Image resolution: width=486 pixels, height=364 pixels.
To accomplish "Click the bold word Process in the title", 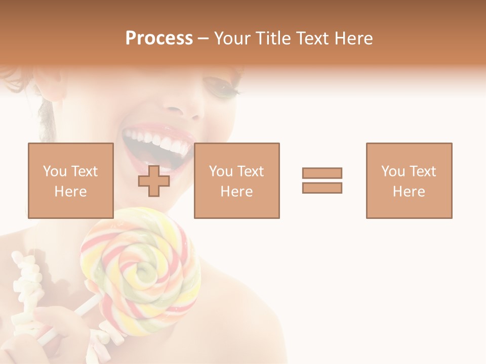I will [159, 38].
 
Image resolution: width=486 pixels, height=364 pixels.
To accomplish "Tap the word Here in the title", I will [353, 38].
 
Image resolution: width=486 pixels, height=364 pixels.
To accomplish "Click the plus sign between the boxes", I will [154, 181].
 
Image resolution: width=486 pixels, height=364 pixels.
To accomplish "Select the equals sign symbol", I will [322, 180].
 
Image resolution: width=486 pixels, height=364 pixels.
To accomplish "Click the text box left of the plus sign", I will [71, 180].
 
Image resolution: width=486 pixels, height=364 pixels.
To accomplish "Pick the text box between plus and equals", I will [236, 180].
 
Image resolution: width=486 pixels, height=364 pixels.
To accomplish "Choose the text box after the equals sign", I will [409, 180].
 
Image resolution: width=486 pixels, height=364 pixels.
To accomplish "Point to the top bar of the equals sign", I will [322, 173].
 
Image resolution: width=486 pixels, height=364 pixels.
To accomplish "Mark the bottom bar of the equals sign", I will [322, 188].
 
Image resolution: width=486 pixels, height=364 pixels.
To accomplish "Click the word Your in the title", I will [231, 38].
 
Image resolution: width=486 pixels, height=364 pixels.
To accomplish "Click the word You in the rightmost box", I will [392, 171].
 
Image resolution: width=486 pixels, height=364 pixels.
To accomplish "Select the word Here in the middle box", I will [236, 191].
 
